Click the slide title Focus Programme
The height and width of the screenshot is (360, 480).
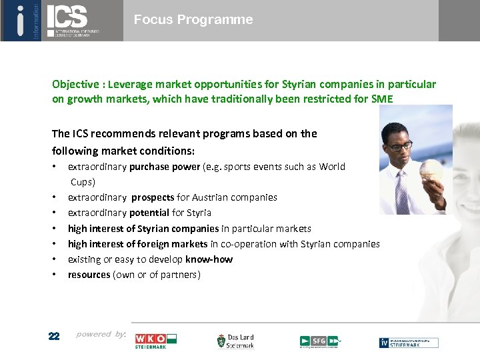pyautogui.click(x=193, y=20)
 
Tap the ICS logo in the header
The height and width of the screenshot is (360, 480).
pyautogui.click(x=73, y=19)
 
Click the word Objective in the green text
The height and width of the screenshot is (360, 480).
pyautogui.click(x=76, y=85)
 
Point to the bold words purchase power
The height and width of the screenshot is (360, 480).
pyautogui.click(x=165, y=167)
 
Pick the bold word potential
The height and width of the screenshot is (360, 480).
pyautogui.click(x=150, y=213)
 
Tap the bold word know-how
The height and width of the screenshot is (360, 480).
pyautogui.click(x=209, y=259)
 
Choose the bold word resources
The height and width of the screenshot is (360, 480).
pyautogui.click(x=89, y=275)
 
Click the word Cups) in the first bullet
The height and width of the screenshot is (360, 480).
pyautogui.click(x=83, y=181)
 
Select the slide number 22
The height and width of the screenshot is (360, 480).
pyautogui.click(x=54, y=336)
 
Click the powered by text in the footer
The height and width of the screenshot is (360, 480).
pyautogui.click(x=101, y=334)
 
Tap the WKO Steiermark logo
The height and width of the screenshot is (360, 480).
pyautogui.click(x=155, y=341)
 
